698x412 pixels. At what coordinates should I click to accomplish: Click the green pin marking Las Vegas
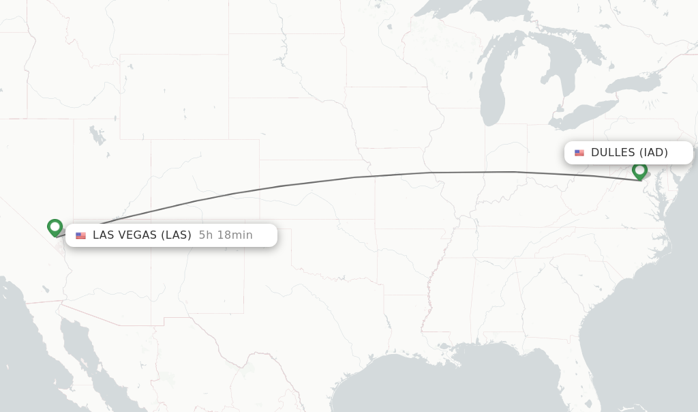coord(55,227)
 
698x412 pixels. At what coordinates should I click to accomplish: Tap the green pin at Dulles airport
coord(639,171)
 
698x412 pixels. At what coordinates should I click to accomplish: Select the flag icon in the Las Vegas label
coord(81,235)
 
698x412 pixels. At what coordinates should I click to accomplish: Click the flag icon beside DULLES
coord(579,153)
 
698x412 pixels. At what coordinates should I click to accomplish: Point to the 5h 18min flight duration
coord(226,235)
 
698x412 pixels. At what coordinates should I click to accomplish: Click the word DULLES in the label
coord(613,153)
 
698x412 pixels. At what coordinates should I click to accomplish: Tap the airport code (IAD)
coord(654,153)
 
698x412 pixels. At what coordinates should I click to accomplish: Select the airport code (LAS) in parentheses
coord(176,235)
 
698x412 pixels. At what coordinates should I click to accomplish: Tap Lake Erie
coord(579,116)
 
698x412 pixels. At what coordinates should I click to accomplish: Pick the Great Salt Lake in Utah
coord(97,136)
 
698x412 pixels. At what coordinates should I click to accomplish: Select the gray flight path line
coord(354,177)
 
